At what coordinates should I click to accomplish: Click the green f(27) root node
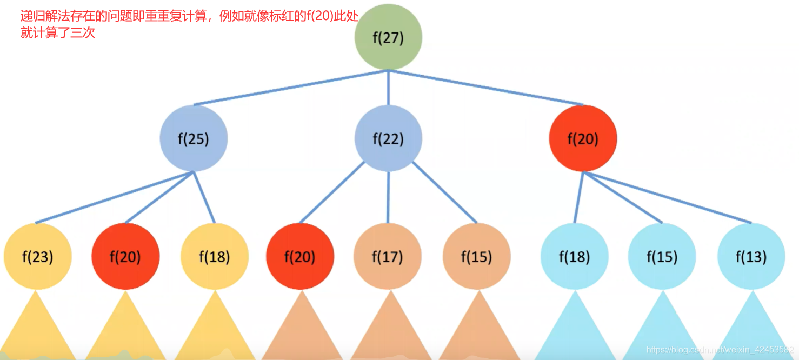coord(388,37)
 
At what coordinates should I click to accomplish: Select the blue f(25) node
coord(194,139)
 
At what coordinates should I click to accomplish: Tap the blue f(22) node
coord(388,139)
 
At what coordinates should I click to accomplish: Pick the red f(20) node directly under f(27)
coord(583,139)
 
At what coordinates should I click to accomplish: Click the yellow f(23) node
coord(37,257)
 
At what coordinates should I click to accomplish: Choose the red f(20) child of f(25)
coord(125,257)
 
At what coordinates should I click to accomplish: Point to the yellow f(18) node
coord(215,257)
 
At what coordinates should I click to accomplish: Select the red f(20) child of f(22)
coord(300,257)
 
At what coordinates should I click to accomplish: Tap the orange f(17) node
coord(388,257)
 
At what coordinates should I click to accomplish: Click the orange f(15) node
coord(476,257)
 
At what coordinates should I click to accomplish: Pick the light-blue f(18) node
coord(574,257)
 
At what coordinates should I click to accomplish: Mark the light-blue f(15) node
coord(662,257)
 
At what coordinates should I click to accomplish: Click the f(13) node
coord(751,257)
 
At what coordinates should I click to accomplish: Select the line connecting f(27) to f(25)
coord(291,87)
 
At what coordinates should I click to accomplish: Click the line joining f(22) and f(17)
coord(388,197)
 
